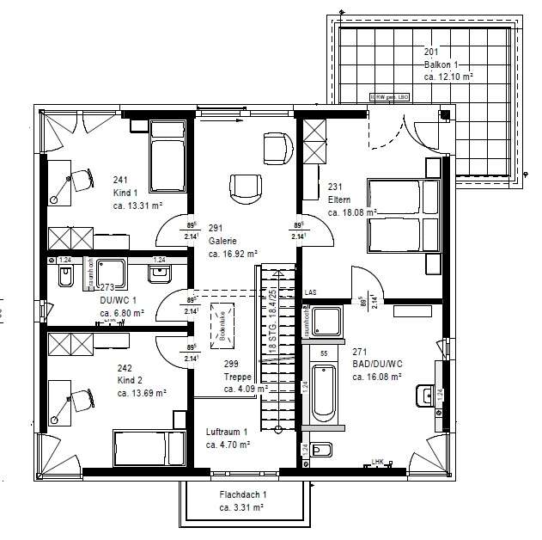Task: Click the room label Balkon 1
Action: (444, 64)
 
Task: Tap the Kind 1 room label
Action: (127, 193)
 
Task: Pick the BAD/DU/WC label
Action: (377, 364)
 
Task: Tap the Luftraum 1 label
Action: (227, 432)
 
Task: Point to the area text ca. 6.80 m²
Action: (120, 314)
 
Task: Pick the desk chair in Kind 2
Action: (81, 400)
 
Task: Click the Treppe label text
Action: (237, 376)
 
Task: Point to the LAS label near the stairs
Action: (310, 293)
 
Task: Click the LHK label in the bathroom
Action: (378, 462)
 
